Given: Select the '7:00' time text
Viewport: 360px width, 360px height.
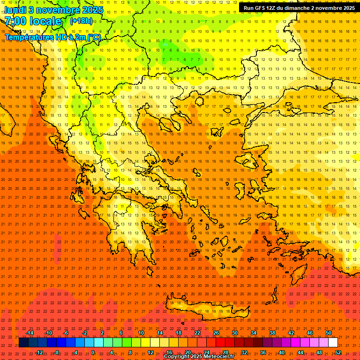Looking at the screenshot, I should click(15, 21).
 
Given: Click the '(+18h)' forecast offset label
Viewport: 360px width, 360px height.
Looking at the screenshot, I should click(82, 21).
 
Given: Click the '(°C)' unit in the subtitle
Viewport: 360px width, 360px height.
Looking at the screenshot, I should click(94, 37).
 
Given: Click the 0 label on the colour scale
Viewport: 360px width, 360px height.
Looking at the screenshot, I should click(92, 352).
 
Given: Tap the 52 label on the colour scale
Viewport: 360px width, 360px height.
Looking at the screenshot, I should click(338, 352).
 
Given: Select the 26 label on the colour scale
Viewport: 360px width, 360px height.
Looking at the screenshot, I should click(216, 333).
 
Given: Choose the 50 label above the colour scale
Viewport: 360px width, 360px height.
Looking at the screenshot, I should click(329, 333).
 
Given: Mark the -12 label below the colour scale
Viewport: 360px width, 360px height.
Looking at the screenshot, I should click(39, 352).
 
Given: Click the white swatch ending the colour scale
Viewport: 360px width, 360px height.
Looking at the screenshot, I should click(333, 343).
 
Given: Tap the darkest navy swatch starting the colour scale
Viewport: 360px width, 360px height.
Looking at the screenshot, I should click(23, 343).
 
